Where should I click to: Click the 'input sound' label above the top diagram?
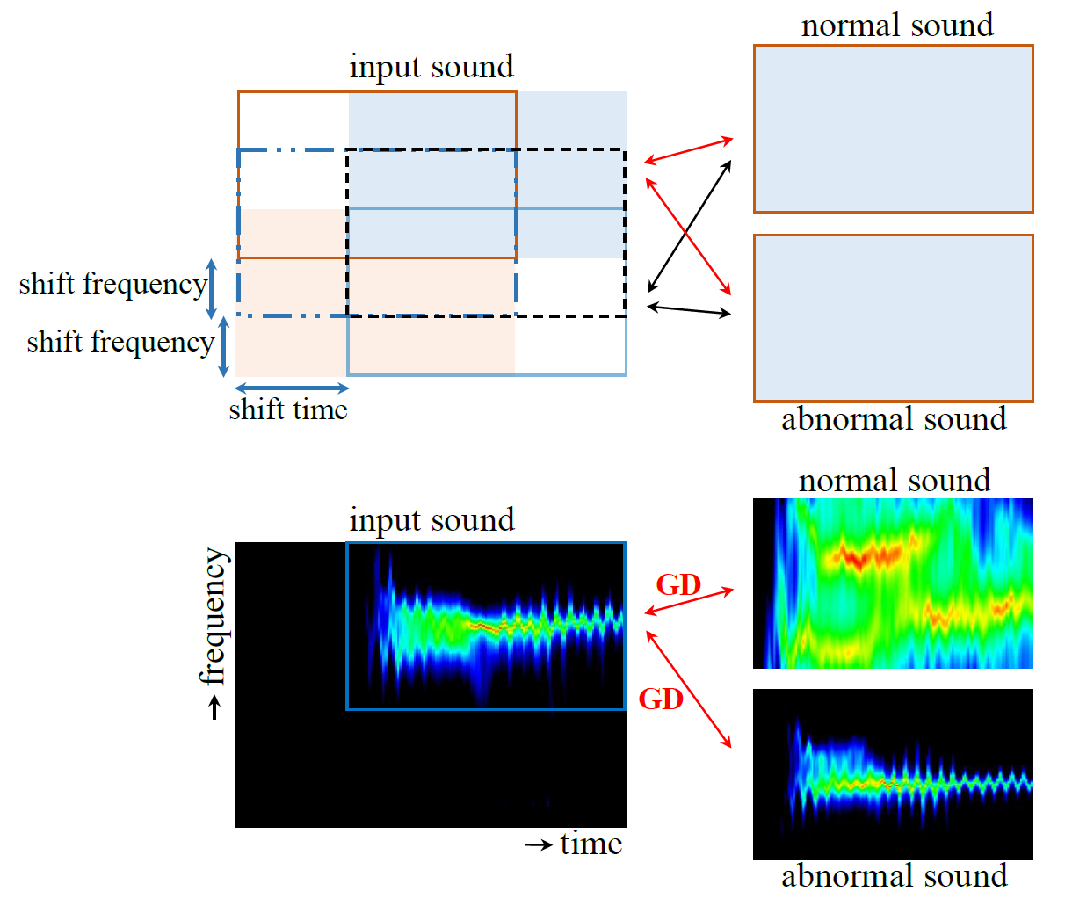point(431,68)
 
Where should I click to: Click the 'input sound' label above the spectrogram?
point(431,520)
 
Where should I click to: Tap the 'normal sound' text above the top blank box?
point(896,25)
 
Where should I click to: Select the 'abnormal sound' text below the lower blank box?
point(894,419)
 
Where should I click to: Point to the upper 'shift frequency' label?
point(112,285)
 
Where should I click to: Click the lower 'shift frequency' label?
point(120,342)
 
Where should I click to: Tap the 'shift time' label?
point(288,410)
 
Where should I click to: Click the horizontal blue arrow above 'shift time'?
point(292,388)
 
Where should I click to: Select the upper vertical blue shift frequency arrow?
point(211,288)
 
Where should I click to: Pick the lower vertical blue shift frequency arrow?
point(224,347)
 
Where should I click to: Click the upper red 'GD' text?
point(678,584)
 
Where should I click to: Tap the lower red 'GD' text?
point(661,699)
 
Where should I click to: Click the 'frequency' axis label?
point(214,617)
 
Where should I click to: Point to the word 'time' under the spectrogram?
point(590,844)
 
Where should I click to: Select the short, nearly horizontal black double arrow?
point(690,309)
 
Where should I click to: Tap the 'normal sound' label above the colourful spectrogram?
point(894,481)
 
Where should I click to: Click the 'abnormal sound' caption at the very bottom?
point(894,876)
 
